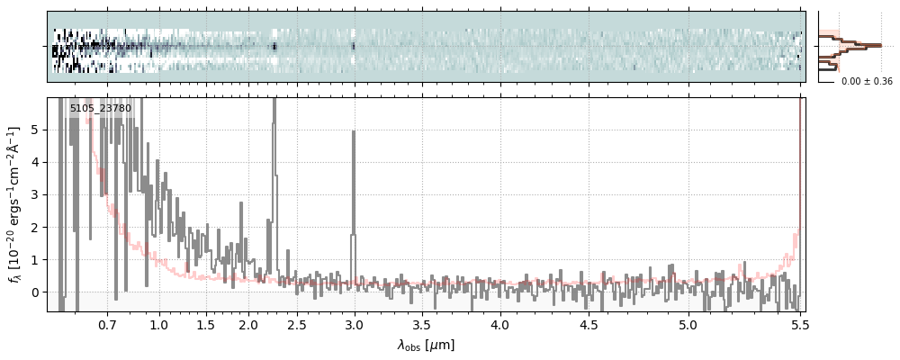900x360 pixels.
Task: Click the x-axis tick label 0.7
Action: click(107, 324)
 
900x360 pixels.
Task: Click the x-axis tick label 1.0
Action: click(159, 324)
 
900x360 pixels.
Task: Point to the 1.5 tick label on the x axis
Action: click(205, 324)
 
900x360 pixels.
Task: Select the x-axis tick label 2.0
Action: click(248, 324)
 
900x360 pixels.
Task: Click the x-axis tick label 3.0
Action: click(354, 324)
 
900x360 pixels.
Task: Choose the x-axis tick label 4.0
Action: click(499, 324)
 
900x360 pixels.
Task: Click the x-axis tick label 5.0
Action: click(688, 324)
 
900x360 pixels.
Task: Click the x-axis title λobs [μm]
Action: click(426, 345)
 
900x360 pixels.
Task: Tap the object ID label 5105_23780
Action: click(101, 109)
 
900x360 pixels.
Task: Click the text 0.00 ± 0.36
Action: click(867, 82)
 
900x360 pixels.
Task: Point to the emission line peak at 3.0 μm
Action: click(353, 132)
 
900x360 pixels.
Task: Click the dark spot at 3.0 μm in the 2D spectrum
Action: click(353, 45)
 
